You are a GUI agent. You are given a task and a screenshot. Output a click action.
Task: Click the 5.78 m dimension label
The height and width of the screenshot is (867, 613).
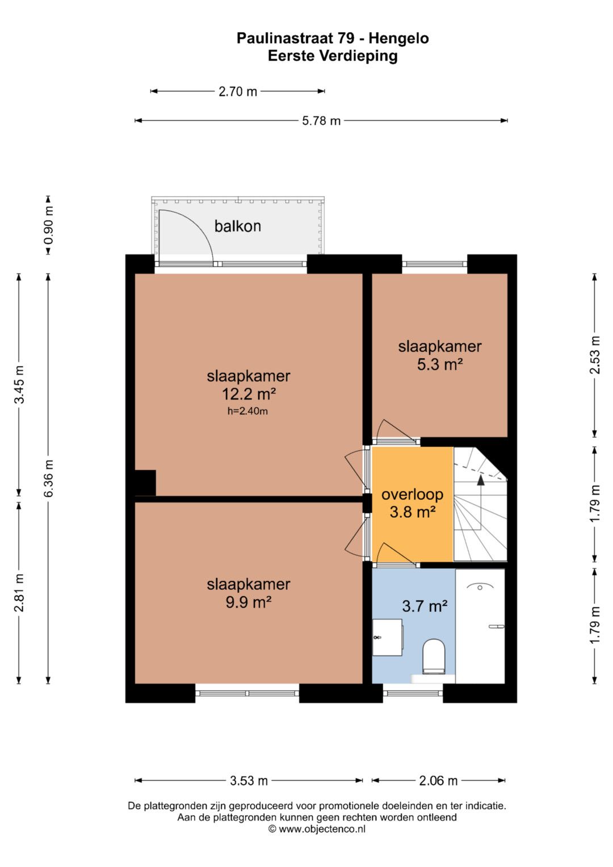pos(321,121)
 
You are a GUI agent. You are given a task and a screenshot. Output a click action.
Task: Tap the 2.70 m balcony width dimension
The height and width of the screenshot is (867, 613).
pos(238,92)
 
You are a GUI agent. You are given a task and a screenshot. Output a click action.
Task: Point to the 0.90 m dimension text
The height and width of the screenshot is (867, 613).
pos(49,225)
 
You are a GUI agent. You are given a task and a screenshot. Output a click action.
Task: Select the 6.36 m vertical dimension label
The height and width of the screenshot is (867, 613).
pos(49,479)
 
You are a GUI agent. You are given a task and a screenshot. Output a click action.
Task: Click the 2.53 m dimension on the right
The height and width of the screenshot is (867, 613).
pos(594,355)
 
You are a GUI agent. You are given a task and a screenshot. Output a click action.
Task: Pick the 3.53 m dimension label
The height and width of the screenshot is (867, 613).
pos(249,781)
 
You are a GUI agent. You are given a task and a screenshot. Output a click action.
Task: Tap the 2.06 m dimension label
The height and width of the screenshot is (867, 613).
pos(438,781)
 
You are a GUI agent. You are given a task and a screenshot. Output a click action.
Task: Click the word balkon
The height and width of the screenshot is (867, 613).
pos(238,226)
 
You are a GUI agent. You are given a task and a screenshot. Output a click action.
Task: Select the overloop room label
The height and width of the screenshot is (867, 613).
pos(412,495)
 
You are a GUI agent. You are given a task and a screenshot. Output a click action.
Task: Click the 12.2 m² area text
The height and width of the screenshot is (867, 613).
pos(249,395)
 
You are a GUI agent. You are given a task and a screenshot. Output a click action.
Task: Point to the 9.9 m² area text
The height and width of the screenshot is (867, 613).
pos(249,602)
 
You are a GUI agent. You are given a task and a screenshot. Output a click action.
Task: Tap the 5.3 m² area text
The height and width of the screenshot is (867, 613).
pos(440,364)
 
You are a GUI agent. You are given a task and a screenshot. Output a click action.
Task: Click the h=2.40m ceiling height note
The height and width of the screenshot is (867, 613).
pos(247,411)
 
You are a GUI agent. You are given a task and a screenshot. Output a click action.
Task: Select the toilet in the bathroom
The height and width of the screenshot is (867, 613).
pos(434,657)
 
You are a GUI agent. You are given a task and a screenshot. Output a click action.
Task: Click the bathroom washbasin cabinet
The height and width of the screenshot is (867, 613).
pos(387,638)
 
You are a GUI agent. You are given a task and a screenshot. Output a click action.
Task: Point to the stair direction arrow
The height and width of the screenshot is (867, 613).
pos(481,503)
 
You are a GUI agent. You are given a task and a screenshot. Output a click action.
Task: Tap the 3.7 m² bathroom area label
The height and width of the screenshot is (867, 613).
pos(425,606)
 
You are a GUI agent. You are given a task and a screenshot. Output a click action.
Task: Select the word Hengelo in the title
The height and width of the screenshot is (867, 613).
pos(398,38)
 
